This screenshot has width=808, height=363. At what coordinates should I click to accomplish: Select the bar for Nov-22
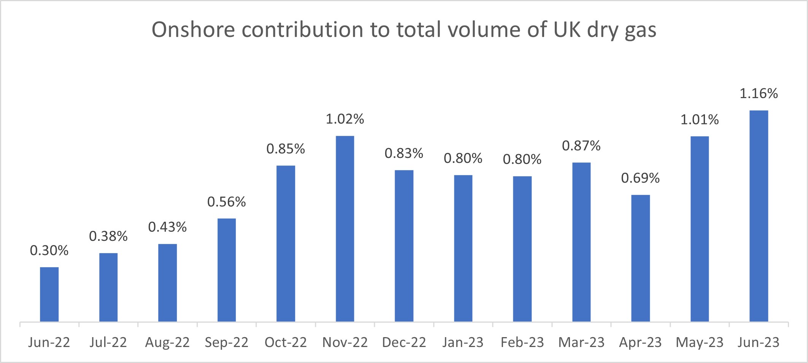345,229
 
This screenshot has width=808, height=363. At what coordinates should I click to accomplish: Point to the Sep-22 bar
227,270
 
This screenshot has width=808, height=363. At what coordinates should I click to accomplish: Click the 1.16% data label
759,94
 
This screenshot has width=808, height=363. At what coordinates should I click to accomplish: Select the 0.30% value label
49,250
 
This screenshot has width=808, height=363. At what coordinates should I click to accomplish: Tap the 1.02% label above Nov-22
345,119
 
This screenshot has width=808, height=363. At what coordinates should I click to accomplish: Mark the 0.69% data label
640,178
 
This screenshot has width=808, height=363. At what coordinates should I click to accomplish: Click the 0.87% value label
581,146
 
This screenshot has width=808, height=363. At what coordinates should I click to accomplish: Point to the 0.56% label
227,202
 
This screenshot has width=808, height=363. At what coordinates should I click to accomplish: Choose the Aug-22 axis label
167,342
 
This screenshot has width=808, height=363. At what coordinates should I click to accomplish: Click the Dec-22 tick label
404,342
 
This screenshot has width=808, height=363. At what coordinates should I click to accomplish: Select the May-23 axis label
699,342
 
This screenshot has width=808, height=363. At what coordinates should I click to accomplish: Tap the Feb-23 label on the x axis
522,342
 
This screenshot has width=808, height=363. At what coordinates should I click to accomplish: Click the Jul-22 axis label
108,342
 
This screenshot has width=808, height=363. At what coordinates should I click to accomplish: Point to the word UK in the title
567,30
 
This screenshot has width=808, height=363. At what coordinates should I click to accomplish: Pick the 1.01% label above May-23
699,120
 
